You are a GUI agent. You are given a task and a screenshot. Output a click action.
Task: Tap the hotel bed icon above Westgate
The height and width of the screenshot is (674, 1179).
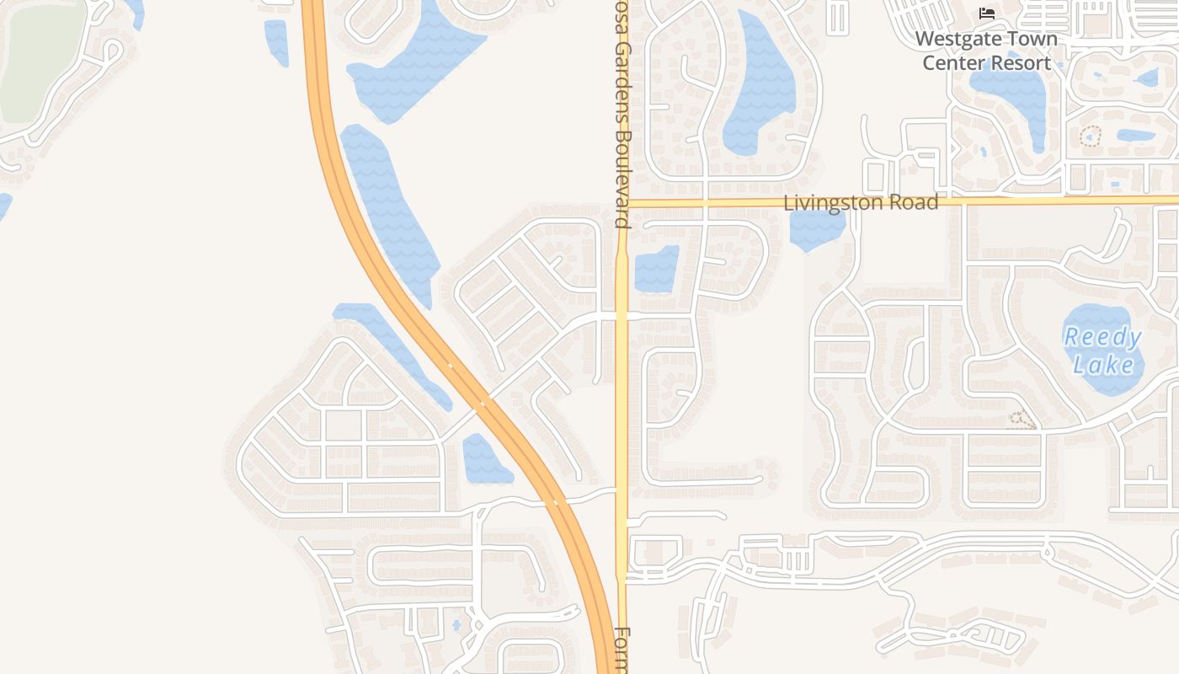[987, 13]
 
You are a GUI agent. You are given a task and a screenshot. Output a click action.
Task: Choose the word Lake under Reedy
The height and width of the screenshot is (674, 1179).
[1103, 365]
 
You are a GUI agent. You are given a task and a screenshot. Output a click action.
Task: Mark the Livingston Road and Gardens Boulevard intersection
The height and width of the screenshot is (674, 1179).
[622, 203]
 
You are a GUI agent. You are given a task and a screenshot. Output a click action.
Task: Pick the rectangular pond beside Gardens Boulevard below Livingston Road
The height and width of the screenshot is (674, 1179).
[656, 270]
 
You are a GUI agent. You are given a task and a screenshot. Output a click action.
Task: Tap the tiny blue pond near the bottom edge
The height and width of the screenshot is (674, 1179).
[456, 625]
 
